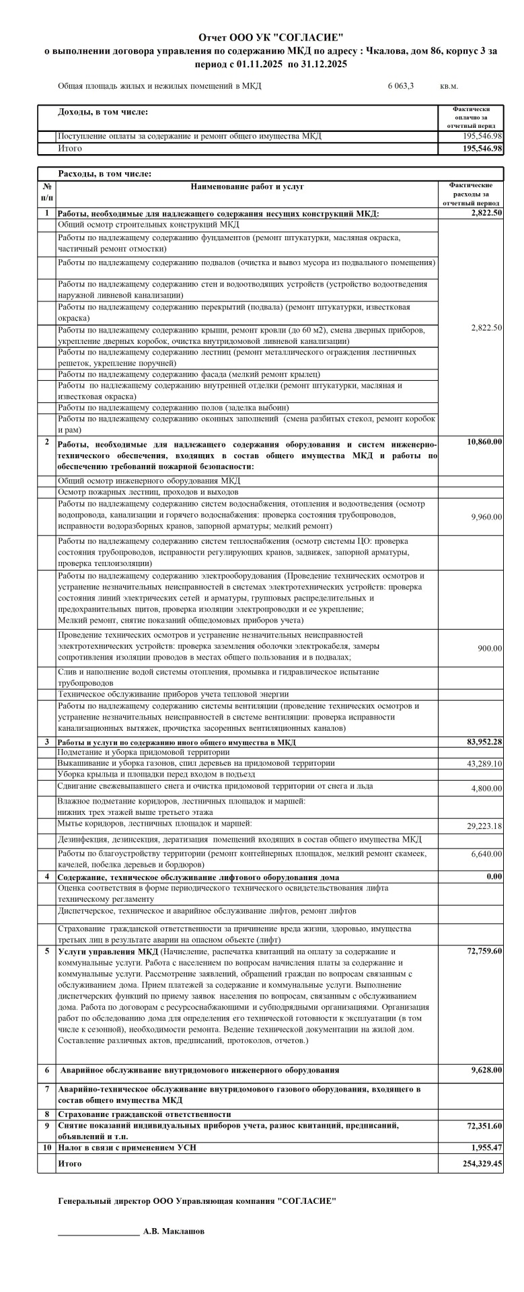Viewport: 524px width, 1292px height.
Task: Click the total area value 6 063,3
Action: [x=401, y=87]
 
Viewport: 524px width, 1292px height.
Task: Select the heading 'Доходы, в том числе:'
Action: [x=103, y=112]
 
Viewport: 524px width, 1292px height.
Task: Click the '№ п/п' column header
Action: [x=46, y=192]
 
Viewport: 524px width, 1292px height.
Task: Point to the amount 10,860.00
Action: [x=484, y=442]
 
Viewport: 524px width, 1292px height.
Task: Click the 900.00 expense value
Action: [x=490, y=648]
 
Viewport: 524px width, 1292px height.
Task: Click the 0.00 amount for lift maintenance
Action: [x=494, y=877]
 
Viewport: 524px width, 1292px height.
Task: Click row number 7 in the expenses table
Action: [x=46, y=1089]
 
